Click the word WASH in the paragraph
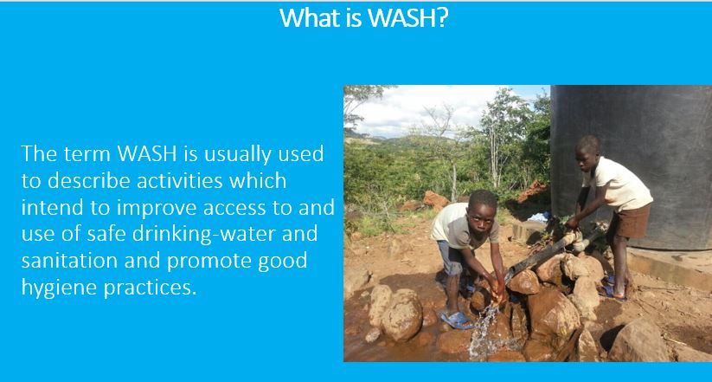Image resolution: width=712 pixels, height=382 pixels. pyautogui.click(x=147, y=153)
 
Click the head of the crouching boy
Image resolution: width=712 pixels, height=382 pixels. pyautogui.click(x=483, y=211)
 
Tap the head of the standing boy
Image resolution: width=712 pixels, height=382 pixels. pyautogui.click(x=590, y=152)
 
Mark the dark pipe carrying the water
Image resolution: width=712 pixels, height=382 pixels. pyautogui.click(x=536, y=258)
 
